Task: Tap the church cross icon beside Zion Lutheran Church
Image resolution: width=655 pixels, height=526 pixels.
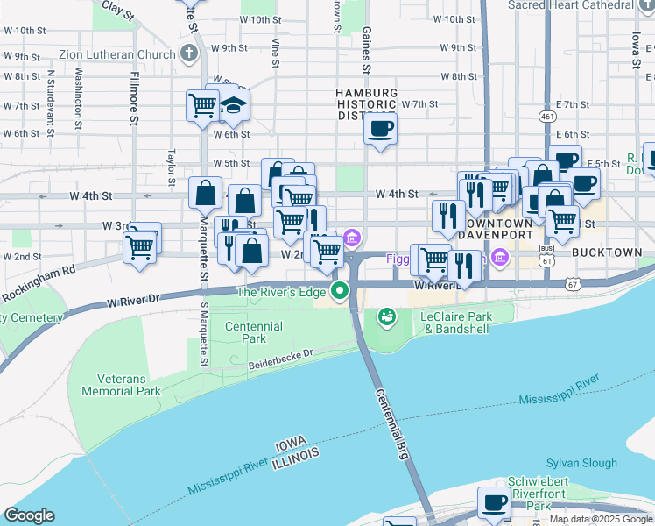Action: pyautogui.click(x=187, y=53)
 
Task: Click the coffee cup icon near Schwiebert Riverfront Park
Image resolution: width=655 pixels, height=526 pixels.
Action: pyautogui.click(x=494, y=503)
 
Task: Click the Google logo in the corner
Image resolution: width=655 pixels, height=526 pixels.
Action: pyautogui.click(x=29, y=515)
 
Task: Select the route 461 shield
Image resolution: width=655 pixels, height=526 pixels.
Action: pyautogui.click(x=547, y=116)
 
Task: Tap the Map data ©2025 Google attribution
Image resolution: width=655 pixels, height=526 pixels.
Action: pyautogui.click(x=600, y=519)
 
